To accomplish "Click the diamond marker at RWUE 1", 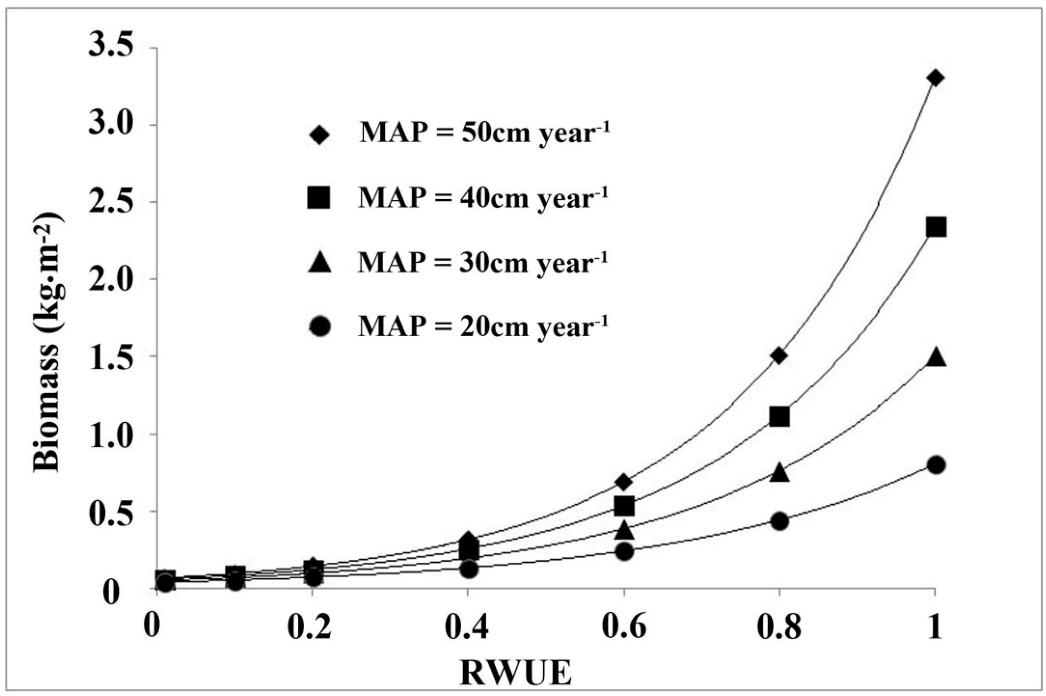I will [935, 78].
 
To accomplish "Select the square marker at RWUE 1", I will [935, 228].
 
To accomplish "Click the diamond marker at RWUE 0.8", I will [779, 356].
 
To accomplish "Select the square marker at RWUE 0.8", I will [779, 417].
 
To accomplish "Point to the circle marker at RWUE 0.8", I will [779, 521].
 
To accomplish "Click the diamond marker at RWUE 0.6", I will [624, 482].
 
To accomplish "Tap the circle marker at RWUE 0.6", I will [624, 551].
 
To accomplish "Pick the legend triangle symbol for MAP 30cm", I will [319, 262].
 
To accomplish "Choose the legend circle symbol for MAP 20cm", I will [319, 326].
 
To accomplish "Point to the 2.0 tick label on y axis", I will [111, 279].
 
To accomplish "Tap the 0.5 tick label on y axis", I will [111, 511].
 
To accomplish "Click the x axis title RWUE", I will [515, 673].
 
